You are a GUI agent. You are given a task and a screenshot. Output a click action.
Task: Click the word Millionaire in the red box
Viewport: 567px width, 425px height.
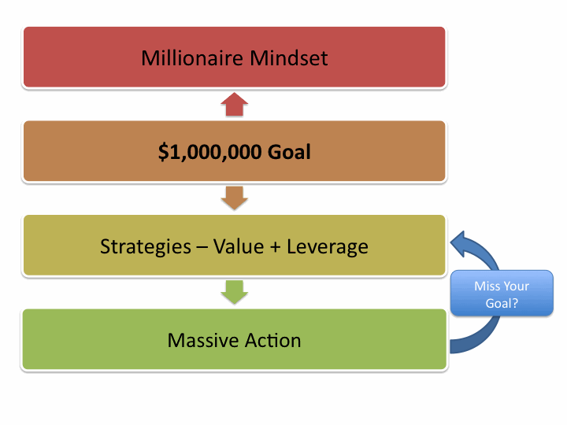tap(192, 57)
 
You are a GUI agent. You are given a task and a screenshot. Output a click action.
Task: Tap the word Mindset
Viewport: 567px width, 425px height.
tap(288, 57)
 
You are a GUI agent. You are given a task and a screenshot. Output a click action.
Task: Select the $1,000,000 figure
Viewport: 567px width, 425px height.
tap(209, 152)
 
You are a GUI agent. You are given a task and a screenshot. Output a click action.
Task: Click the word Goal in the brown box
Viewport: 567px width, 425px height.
tap(289, 152)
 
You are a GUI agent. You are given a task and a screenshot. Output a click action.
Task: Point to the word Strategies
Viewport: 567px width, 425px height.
tap(146, 247)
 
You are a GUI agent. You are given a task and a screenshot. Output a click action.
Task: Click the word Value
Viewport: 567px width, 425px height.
tap(239, 246)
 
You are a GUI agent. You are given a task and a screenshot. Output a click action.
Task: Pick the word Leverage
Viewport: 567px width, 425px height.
tap(328, 247)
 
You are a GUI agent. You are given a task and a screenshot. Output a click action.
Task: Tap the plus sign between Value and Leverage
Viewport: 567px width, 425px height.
tap(275, 247)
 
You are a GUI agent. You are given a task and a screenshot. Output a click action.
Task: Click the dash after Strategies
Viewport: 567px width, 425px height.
tap(202, 248)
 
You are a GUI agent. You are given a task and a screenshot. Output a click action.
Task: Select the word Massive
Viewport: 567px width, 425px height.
tap(203, 341)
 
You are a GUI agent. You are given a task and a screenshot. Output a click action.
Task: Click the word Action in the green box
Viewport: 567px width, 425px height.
tap(273, 341)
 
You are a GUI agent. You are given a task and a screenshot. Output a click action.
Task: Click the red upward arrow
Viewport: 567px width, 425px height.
tap(235, 104)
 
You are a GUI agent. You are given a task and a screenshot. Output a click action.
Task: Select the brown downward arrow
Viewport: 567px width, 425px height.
tap(235, 198)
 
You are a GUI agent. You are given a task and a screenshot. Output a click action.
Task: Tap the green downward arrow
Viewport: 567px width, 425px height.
tap(235, 292)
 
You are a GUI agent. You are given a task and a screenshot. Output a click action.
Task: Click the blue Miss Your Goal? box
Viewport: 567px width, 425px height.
tap(502, 294)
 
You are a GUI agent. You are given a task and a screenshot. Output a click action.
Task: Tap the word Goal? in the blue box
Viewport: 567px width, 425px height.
tap(502, 303)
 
